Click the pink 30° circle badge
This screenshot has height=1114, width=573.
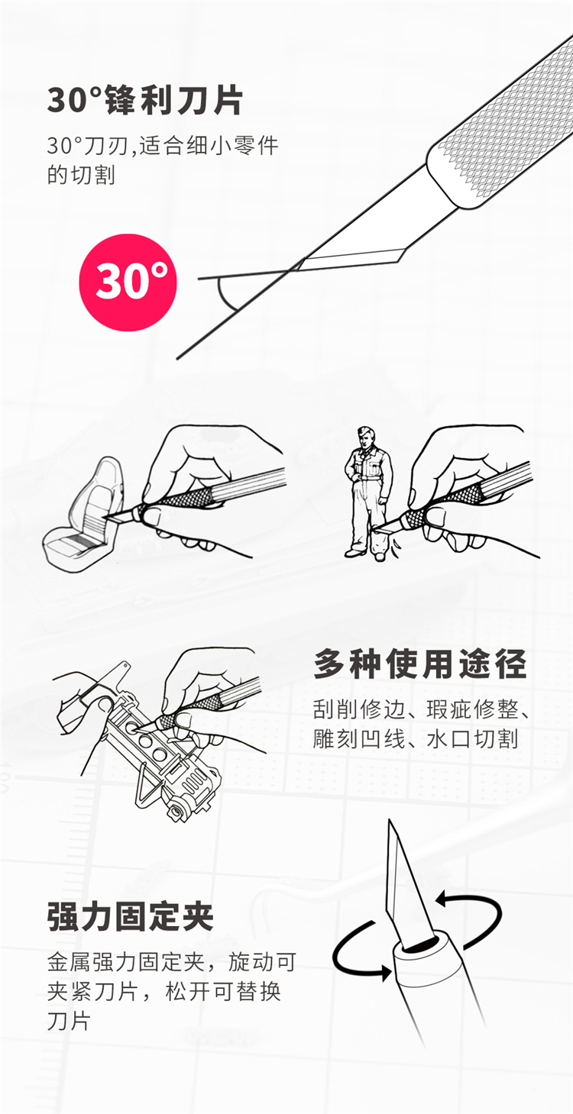point(128,283)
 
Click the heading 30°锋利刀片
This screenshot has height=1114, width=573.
point(145,101)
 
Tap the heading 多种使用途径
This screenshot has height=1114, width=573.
point(420,664)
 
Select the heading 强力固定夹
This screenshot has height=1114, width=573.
point(131,916)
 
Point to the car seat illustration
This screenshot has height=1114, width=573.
point(84,516)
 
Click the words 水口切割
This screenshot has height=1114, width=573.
point(472,739)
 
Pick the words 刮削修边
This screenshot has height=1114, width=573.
point(358,709)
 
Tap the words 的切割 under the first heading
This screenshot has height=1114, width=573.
point(81,175)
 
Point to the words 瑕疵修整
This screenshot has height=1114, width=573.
point(472,709)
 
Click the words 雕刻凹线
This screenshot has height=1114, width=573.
point(358,739)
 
